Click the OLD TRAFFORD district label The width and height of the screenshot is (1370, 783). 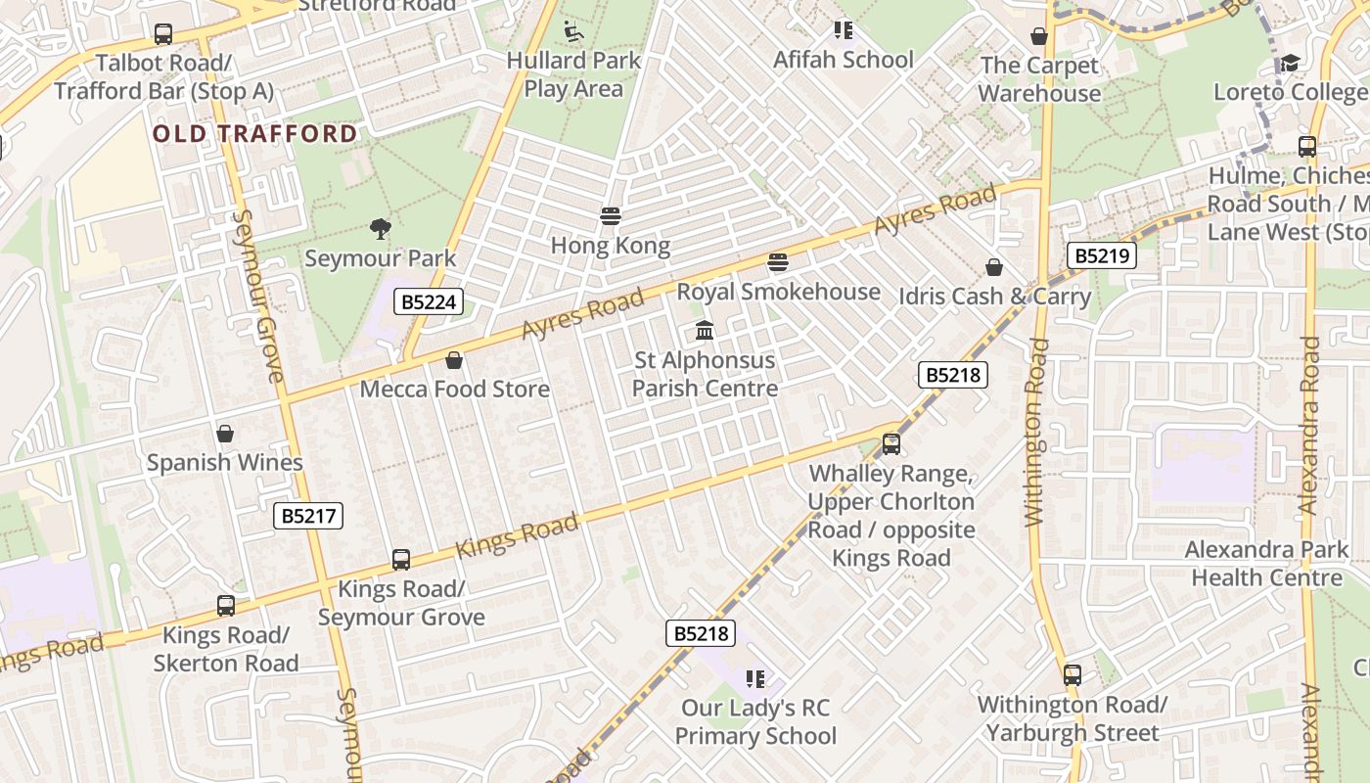(x=255, y=134)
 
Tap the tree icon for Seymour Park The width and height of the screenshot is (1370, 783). (x=381, y=230)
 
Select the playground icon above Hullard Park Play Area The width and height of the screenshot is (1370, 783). (x=573, y=32)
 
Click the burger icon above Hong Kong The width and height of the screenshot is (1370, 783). (x=611, y=216)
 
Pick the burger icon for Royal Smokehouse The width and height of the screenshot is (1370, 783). (x=778, y=262)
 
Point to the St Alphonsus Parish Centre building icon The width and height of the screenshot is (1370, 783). (x=705, y=331)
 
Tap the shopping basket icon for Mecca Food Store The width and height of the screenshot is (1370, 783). (x=454, y=360)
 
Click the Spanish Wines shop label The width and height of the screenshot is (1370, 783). (x=225, y=462)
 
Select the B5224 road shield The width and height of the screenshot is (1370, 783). (x=428, y=301)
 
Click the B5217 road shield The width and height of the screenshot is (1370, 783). (x=308, y=516)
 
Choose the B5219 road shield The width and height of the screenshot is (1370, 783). (x=1101, y=256)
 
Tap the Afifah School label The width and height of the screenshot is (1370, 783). (x=843, y=60)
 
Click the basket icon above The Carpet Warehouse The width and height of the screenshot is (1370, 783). (x=1039, y=36)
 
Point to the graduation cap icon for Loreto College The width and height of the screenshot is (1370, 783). (x=1291, y=64)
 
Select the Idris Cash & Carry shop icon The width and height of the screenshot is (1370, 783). (x=994, y=267)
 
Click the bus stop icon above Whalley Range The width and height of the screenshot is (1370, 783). (x=891, y=444)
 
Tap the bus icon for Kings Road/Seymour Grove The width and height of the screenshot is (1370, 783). (x=401, y=560)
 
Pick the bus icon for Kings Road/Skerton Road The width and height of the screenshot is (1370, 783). (x=226, y=606)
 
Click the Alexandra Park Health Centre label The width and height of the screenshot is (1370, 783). (x=1266, y=564)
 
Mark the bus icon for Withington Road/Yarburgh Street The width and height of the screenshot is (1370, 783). (x=1073, y=675)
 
